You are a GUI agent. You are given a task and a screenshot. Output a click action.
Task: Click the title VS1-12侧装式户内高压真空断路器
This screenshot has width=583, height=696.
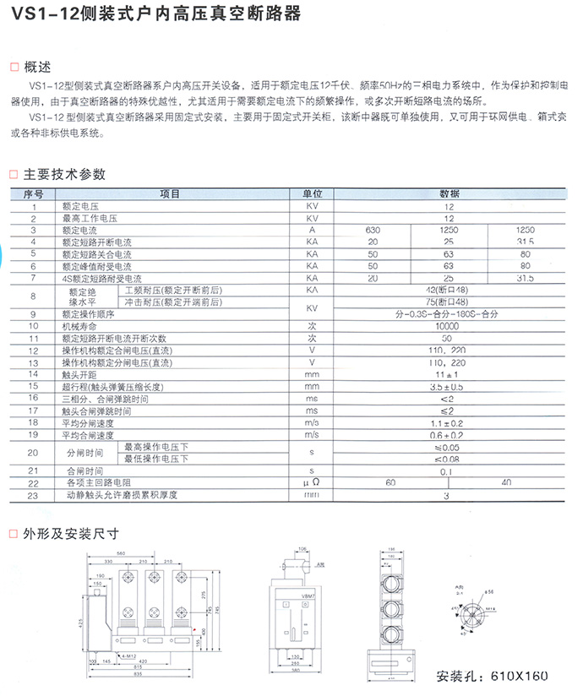click(152, 15)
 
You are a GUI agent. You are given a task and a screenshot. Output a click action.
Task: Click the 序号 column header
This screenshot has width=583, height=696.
click(33, 194)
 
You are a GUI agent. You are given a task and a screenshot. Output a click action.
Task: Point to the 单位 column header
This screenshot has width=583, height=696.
click(311, 194)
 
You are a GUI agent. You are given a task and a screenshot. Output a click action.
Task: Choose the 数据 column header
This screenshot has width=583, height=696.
click(449, 194)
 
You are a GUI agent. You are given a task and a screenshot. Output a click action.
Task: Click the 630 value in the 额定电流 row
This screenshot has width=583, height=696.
click(373, 231)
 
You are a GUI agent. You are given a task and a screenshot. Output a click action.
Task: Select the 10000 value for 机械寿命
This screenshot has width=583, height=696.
click(449, 325)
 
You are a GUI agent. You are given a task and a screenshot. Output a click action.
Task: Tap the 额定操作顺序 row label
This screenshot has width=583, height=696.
click(88, 313)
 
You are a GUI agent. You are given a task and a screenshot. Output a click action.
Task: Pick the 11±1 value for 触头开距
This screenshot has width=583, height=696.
click(449, 373)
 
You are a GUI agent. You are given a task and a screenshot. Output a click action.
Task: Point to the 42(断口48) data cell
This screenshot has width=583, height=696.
click(449, 290)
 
